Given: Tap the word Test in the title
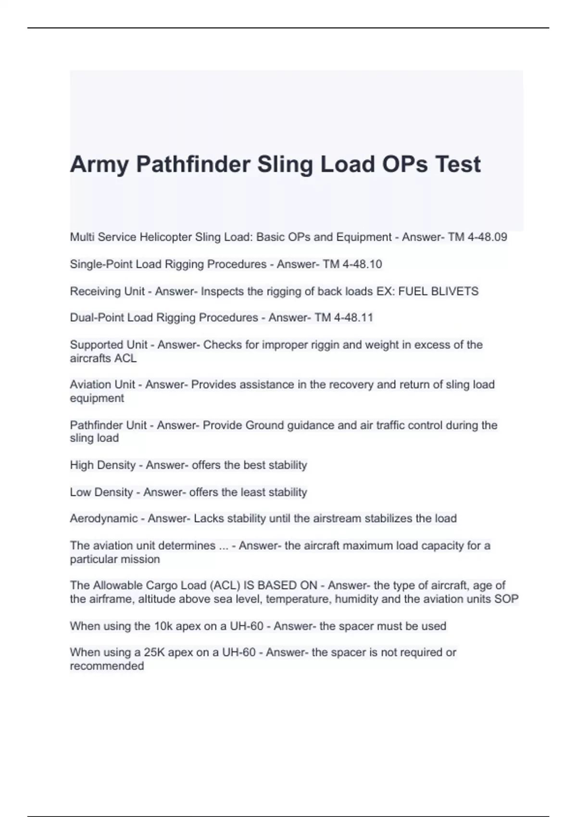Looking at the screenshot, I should (x=458, y=165).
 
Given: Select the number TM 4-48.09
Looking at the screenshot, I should (x=477, y=237).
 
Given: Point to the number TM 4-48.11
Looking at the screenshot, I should (x=344, y=318).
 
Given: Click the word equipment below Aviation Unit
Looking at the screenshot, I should (x=97, y=398).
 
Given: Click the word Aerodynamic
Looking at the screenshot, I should (x=104, y=519).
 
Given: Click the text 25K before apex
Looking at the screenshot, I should (x=154, y=653).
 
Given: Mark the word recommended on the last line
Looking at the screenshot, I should (x=107, y=666).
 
